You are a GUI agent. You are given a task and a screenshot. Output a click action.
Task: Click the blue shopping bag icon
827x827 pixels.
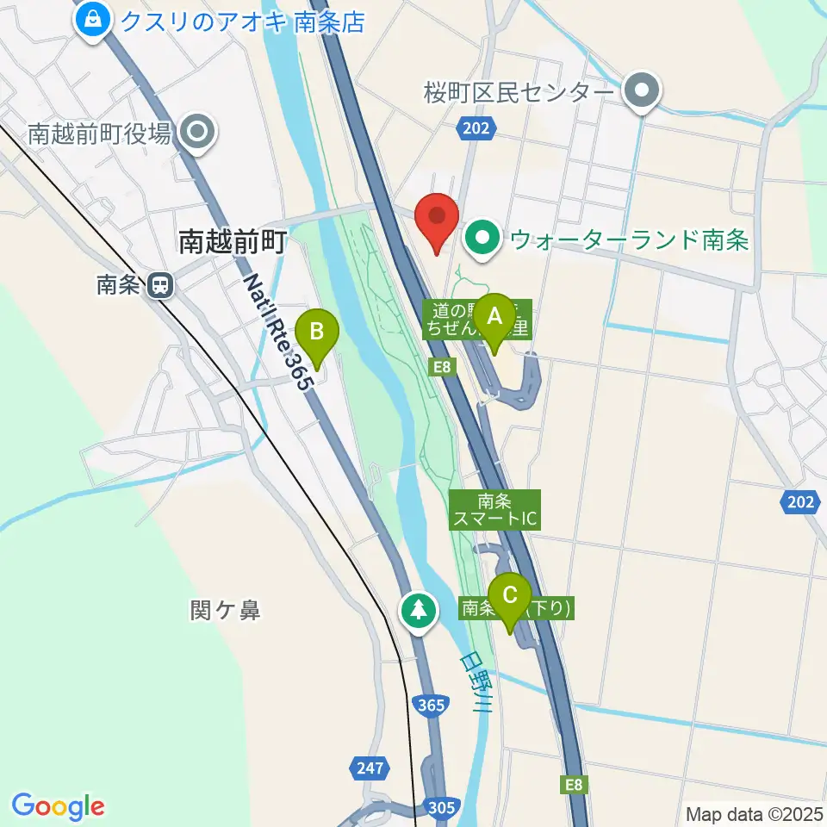pyautogui.click(x=91, y=18)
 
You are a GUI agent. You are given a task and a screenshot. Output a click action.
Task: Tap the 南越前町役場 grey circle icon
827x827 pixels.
pyautogui.click(x=199, y=133)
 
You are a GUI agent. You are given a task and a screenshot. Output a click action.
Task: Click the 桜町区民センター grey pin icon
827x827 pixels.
pyautogui.click(x=641, y=90)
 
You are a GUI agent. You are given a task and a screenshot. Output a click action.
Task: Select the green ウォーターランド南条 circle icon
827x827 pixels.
pyautogui.click(x=483, y=239)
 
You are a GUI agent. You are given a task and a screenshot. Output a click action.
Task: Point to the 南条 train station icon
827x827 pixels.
pyautogui.click(x=159, y=285)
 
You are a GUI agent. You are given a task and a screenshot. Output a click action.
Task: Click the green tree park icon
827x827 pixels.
pyautogui.click(x=419, y=611)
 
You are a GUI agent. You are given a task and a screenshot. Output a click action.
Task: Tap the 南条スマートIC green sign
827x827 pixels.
pyautogui.click(x=494, y=509)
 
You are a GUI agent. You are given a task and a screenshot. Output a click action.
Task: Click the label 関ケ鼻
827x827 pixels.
pyautogui.click(x=225, y=611)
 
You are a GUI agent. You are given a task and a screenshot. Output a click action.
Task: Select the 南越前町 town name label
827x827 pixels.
pyautogui.click(x=231, y=242)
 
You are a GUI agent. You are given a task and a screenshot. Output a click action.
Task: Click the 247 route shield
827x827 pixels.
pyautogui.click(x=367, y=766)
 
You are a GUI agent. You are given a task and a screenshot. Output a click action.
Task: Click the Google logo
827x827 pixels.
pyautogui.click(x=58, y=805)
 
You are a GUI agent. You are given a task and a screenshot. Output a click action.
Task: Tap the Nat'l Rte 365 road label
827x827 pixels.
pyautogui.click(x=274, y=332)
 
